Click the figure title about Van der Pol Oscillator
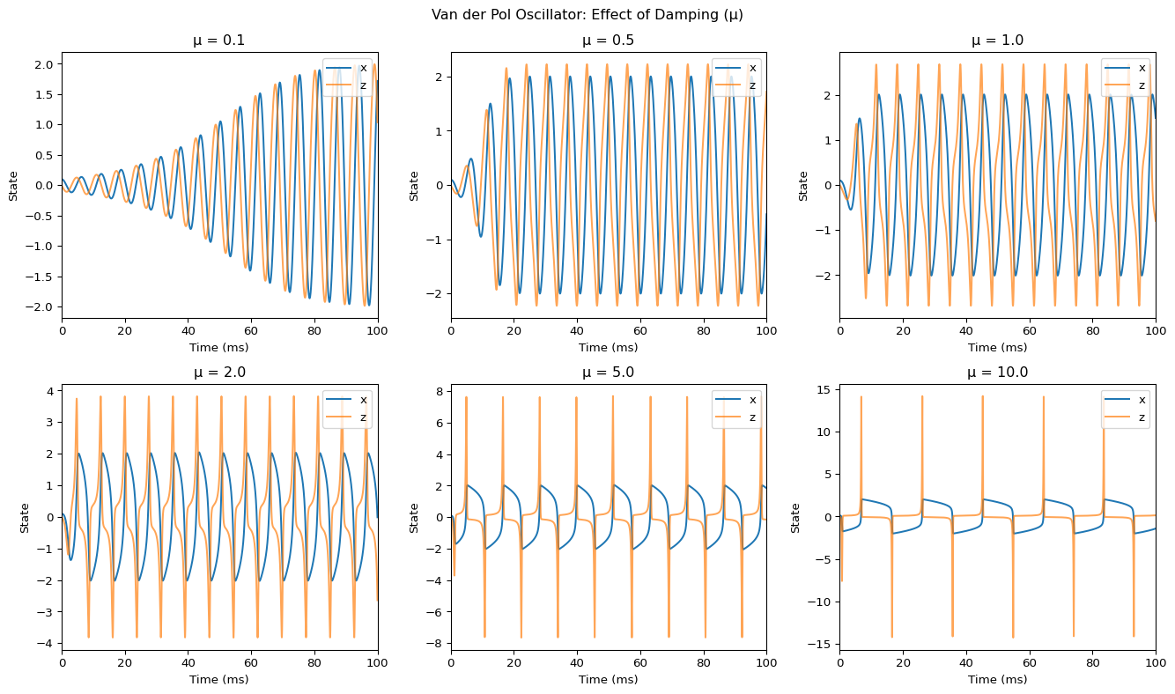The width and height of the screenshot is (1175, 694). pos(587,15)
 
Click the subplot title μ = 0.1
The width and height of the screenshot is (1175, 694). pos(219,41)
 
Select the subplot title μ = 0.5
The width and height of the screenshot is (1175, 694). pos(609,41)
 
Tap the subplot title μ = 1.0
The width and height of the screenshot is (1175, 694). pos(997,41)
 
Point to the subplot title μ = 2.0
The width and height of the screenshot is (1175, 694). pos(219,373)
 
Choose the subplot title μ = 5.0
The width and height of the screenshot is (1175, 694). pos(609,373)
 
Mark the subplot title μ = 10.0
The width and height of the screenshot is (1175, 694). pos(997,373)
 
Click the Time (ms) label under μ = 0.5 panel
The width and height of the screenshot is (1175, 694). pos(609,347)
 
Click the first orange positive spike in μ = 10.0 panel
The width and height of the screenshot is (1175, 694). pos(861,398)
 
